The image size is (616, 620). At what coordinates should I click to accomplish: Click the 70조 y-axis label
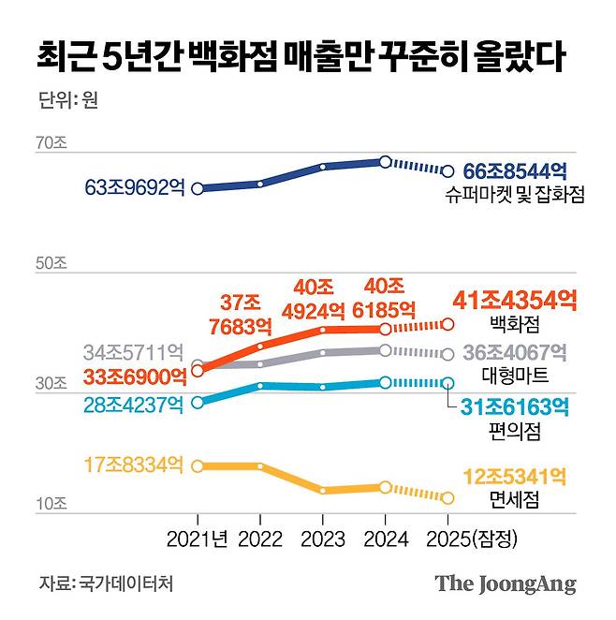click(x=51, y=144)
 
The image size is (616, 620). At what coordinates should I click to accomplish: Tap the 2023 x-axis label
click(x=322, y=539)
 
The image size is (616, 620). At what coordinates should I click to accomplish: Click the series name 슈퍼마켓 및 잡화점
click(x=516, y=196)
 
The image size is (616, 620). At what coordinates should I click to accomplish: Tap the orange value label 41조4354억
click(x=514, y=301)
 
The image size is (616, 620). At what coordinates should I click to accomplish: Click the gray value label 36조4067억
click(x=516, y=353)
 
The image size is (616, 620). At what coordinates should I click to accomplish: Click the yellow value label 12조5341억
click(x=516, y=478)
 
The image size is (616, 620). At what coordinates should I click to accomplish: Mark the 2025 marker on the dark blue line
click(x=447, y=171)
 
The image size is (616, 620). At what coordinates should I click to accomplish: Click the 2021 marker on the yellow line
click(x=198, y=465)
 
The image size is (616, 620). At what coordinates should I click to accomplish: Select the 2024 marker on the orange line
click(x=385, y=329)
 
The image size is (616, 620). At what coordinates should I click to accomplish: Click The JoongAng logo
click(x=505, y=583)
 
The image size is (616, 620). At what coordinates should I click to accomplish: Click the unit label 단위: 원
click(x=68, y=100)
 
